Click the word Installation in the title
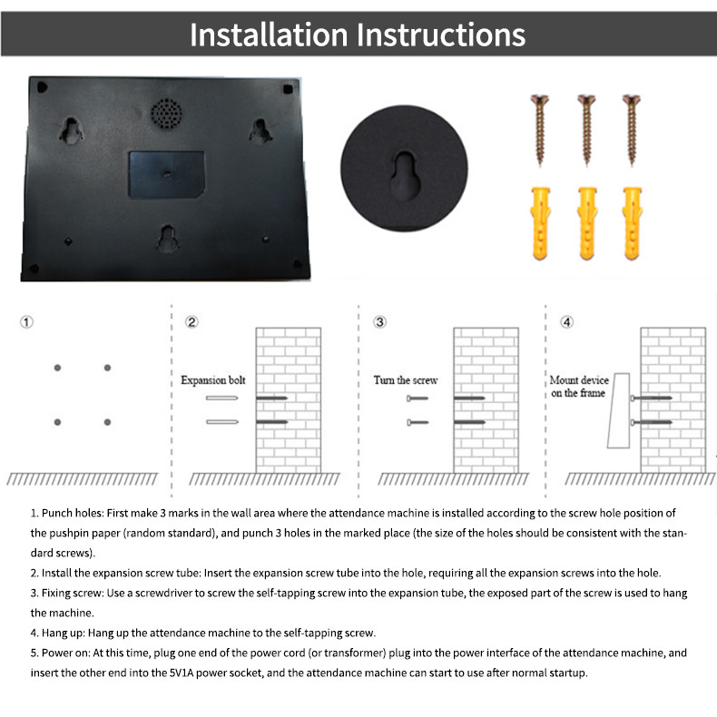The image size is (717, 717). tap(269, 34)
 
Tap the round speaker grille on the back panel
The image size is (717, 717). tap(166, 113)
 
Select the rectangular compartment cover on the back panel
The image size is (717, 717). tap(166, 174)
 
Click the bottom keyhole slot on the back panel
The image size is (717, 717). tap(168, 238)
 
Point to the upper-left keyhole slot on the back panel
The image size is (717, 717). tap(71, 131)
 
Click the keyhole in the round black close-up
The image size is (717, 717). tap(405, 176)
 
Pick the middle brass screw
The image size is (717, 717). tap(586, 130)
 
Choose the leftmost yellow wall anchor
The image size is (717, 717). tap(540, 223)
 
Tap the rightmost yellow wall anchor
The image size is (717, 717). tap(633, 223)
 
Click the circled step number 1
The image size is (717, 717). tap(26, 322)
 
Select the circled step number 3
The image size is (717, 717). tap(379, 322)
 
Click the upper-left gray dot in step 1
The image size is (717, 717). tap(57, 368)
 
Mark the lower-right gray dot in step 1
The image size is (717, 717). tap(107, 422)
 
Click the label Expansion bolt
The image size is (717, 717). tap(213, 380)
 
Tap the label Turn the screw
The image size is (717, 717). tap(406, 380)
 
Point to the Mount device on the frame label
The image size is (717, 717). tap(579, 387)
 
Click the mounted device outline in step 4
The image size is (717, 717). tap(619, 410)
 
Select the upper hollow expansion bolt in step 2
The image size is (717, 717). tap(221, 398)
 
